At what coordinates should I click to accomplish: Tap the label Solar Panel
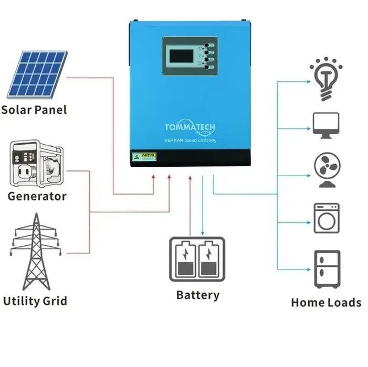[x=34, y=110]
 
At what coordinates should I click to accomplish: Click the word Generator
[x=37, y=197]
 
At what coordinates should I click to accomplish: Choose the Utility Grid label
[x=35, y=301]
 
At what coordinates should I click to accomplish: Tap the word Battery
[x=197, y=295]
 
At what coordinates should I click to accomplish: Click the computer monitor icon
[x=326, y=125]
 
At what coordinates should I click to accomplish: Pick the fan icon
[x=326, y=169]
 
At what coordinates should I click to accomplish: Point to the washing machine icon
[x=327, y=218]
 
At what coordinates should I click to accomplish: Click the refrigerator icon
[x=327, y=268]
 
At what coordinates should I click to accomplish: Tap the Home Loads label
[x=326, y=303]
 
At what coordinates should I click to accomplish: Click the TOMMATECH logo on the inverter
[x=190, y=128]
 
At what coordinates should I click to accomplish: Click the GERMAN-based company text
[x=190, y=139]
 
